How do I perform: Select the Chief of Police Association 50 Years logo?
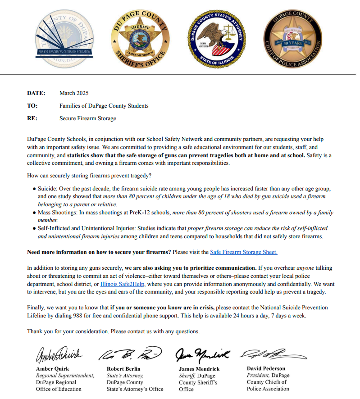(292, 39)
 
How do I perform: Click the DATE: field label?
(36, 93)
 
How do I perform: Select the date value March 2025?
(74, 93)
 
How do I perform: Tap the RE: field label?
(32, 118)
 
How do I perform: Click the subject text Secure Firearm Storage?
(87, 118)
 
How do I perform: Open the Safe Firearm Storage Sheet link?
(243, 252)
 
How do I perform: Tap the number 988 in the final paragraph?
(71, 316)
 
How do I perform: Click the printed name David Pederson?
(266, 368)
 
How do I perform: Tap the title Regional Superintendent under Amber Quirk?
(65, 375)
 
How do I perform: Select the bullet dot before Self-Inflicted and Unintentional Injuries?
(34, 229)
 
